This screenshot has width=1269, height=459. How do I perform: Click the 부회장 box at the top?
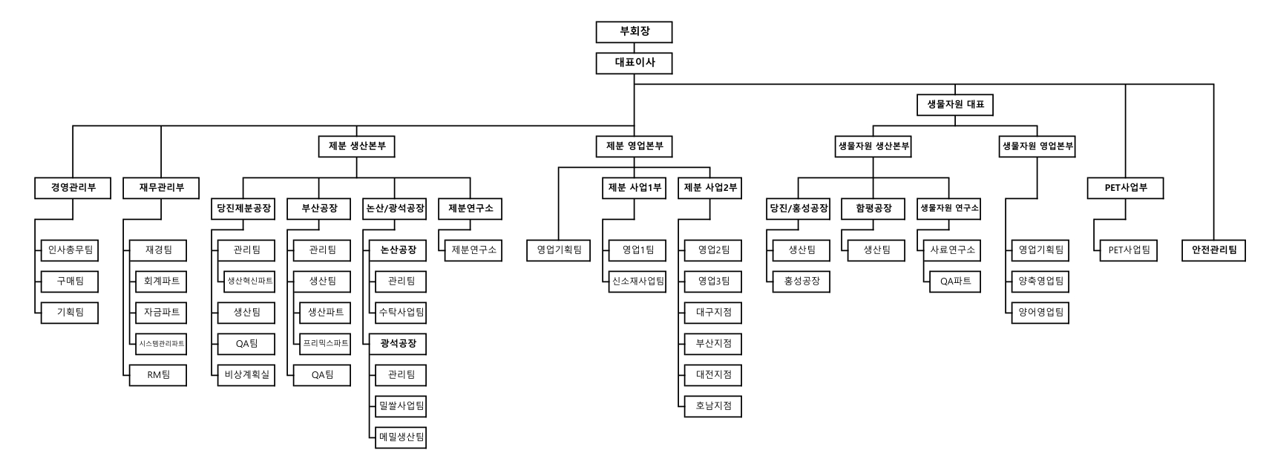click(x=634, y=32)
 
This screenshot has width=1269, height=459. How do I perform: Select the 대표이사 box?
click(x=634, y=63)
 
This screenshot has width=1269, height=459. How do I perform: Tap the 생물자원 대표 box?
click(x=955, y=105)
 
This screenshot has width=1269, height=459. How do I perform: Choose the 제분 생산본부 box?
click(x=357, y=146)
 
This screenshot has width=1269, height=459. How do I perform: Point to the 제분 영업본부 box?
click(x=634, y=146)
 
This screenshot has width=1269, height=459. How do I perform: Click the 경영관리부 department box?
click(x=73, y=188)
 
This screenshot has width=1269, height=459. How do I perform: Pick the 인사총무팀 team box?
click(x=70, y=250)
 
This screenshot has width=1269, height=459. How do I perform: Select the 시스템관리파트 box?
click(x=161, y=343)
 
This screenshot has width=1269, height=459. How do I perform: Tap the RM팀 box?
click(x=158, y=375)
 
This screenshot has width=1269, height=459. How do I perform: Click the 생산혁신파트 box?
click(x=249, y=281)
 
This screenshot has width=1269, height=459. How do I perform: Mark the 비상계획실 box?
click(x=246, y=375)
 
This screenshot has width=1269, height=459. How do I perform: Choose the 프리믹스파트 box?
click(x=325, y=343)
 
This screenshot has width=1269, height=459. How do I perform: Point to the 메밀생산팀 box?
click(x=401, y=437)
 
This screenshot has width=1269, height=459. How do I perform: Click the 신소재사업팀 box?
click(x=637, y=281)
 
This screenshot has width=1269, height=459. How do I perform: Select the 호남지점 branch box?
click(x=713, y=406)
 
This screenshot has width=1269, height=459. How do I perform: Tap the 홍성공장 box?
click(x=801, y=281)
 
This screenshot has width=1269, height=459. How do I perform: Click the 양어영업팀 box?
click(x=1040, y=312)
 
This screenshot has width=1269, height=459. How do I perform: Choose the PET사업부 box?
click(x=1126, y=188)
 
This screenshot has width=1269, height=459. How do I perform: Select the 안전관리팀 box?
click(x=1214, y=250)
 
